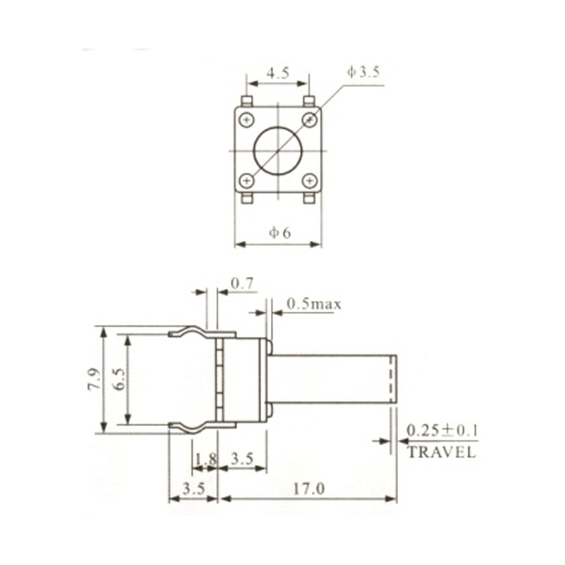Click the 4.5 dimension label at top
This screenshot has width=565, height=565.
click(277, 73)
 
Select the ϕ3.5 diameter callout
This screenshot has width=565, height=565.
click(363, 72)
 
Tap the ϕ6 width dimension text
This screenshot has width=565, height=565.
click(280, 233)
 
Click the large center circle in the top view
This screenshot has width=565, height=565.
click(277, 150)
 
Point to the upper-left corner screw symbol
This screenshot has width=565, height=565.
click(246, 120)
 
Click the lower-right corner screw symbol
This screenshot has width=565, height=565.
click(309, 181)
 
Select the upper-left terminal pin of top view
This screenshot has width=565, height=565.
click(246, 101)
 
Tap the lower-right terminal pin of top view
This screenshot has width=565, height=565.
click(309, 198)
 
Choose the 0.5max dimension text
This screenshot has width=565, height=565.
click(314, 305)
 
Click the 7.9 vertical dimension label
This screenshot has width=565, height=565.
click(94, 379)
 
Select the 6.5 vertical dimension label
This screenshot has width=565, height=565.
click(118, 379)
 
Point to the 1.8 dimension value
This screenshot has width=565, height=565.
click(205, 459)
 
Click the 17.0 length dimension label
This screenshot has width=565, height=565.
click(308, 489)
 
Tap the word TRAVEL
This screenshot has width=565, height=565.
click(441, 452)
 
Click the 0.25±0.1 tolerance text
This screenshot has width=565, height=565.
click(442, 431)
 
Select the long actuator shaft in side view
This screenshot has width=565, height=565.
click(333, 379)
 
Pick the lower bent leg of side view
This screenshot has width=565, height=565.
click(192, 427)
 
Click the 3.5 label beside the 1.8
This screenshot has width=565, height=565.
click(242, 459)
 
